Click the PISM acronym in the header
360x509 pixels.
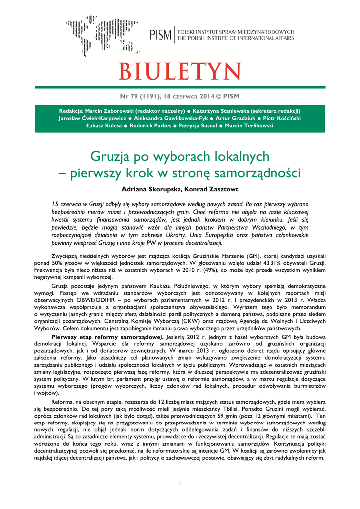160,35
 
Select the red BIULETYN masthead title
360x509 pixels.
180,72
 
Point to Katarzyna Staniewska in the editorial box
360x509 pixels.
226,110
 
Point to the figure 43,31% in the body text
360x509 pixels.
270,262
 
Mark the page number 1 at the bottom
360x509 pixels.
180,483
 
